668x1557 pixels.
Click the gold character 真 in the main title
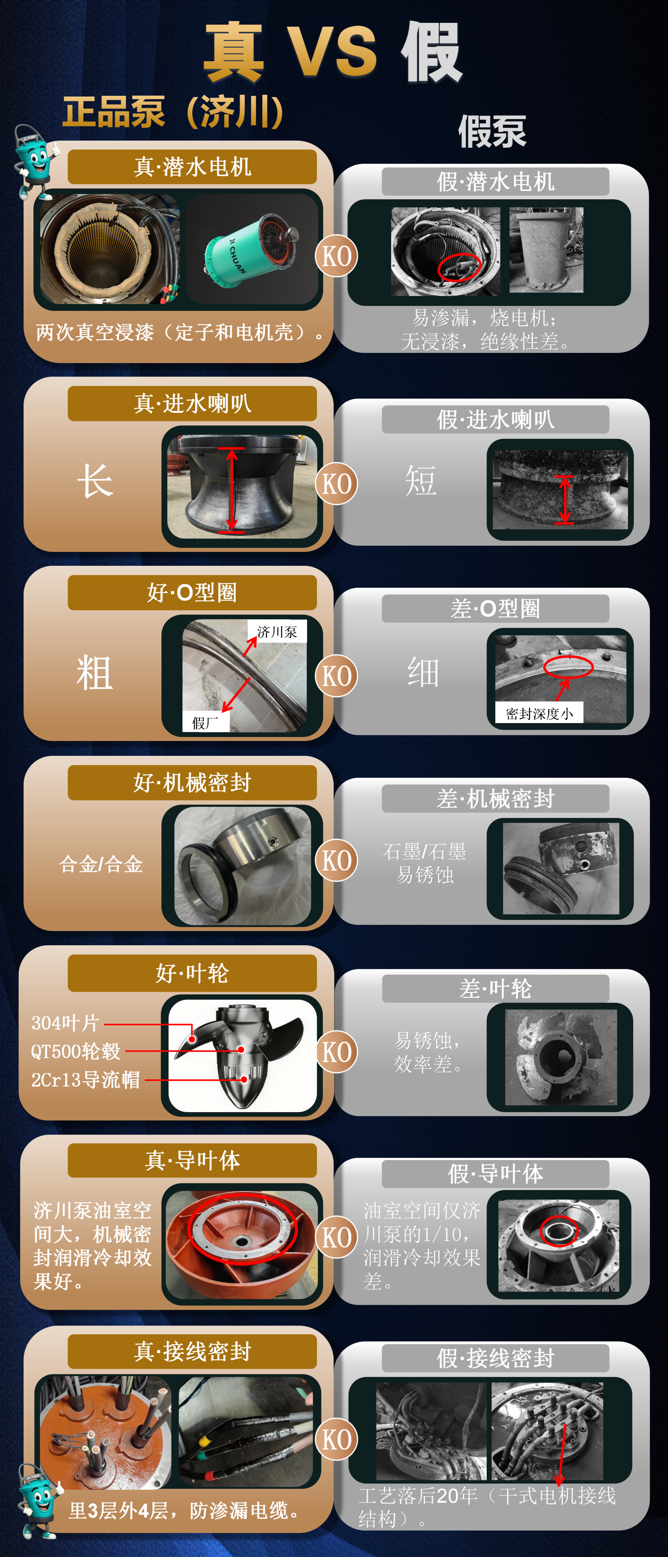tap(234, 53)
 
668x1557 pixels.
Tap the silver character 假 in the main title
tap(432, 53)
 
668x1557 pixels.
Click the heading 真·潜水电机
tap(192, 167)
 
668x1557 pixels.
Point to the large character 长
tap(95, 481)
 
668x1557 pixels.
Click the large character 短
tap(421, 481)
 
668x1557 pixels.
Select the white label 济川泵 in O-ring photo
tap(277, 632)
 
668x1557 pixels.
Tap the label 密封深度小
tap(538, 713)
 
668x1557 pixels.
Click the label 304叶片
tap(65, 1023)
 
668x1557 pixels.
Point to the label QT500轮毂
tap(75, 1051)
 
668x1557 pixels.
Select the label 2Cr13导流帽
tap(85, 1080)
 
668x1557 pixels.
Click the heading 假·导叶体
tap(495, 1174)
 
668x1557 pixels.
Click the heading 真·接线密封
tap(192, 1352)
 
